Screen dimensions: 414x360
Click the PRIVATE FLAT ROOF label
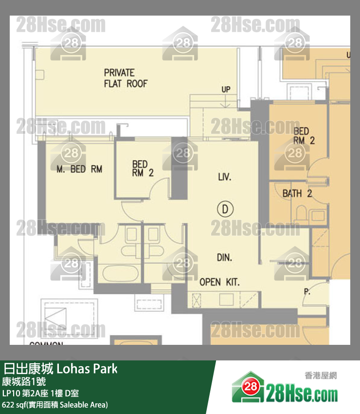pyautogui.click(x=125, y=78)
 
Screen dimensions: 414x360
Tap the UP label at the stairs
pyautogui.click(x=226, y=90)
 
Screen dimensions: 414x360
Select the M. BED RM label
pyautogui.click(x=79, y=169)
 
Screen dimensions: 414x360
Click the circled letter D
pyautogui.click(x=225, y=209)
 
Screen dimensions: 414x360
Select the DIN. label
pyautogui.click(x=224, y=258)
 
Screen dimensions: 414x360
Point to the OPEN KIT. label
pyautogui.click(x=219, y=282)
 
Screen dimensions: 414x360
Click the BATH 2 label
pyautogui.click(x=297, y=194)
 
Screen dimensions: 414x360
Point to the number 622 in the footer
pyautogui.click(x=8, y=404)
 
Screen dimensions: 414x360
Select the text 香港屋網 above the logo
pyautogui.click(x=321, y=376)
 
